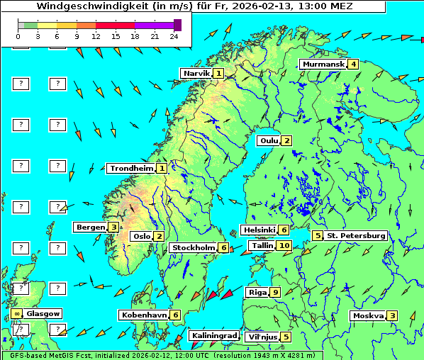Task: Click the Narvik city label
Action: pyautogui.click(x=196, y=73)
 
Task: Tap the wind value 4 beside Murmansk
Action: pyautogui.click(x=353, y=64)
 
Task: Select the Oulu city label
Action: pyautogui.click(x=267, y=140)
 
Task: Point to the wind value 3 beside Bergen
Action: pyautogui.click(x=113, y=227)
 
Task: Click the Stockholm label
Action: pyautogui.click(x=193, y=247)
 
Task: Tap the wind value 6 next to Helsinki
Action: pyautogui.click(x=284, y=230)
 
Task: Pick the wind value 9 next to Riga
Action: pyautogui.click(x=275, y=292)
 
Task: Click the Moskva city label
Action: pyautogui.click(x=368, y=315)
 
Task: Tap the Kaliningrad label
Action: pyautogui.click(x=214, y=336)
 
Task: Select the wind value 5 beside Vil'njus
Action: pyautogui.click(x=285, y=337)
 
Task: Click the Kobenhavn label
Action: pyautogui.click(x=143, y=315)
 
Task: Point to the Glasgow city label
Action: pyautogui.click(x=43, y=313)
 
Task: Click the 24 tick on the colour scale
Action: pyautogui.click(x=174, y=36)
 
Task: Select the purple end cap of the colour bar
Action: pyautogui.click(x=177, y=25)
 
